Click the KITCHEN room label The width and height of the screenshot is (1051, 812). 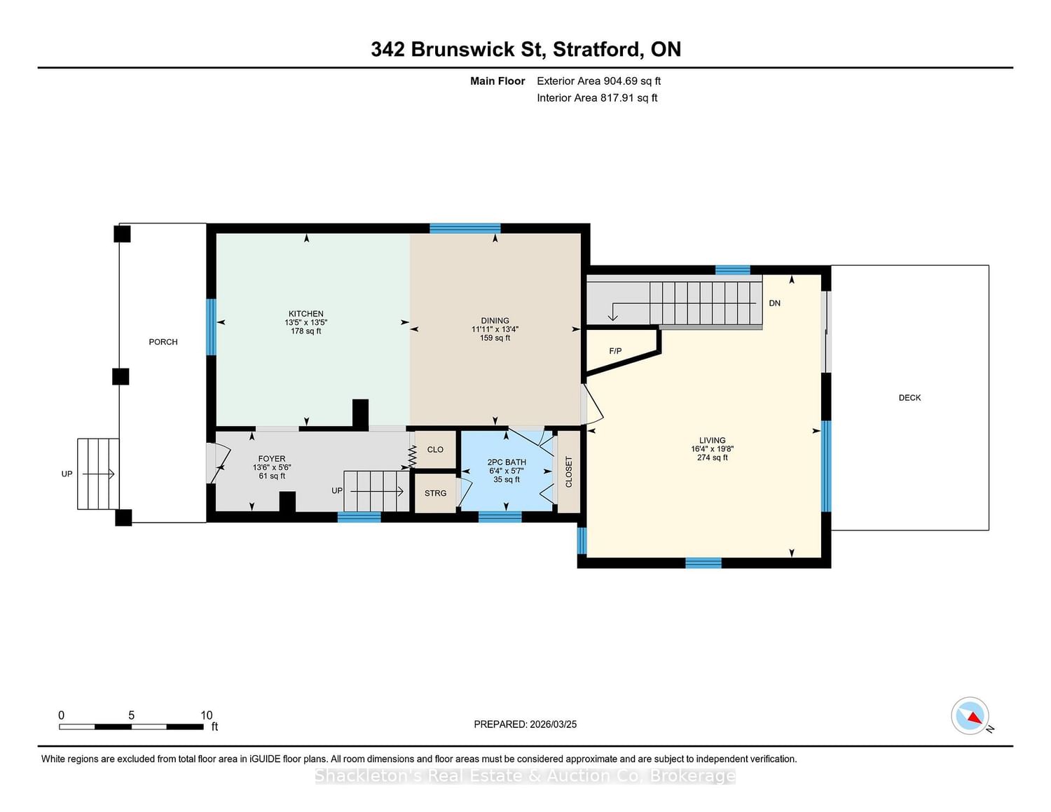tap(305, 313)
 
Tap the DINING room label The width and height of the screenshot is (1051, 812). tap(495, 320)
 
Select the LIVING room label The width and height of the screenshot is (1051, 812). tap(712, 440)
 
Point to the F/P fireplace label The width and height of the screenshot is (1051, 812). tap(615, 350)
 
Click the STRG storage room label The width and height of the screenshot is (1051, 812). tap(435, 493)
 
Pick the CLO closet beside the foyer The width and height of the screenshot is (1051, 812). tap(435, 449)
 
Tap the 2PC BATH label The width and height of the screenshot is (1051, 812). tap(507, 462)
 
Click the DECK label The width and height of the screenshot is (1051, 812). tap(909, 397)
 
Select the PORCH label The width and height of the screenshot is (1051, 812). tap(163, 342)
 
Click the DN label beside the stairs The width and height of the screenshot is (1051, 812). tap(774, 303)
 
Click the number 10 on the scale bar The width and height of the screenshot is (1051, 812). tap(207, 715)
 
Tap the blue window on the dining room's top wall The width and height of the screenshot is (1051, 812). tap(465, 228)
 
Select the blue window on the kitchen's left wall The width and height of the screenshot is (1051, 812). tap(211, 327)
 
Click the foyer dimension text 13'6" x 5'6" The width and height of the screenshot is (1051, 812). tap(272, 467)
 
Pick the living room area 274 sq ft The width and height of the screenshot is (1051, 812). tap(712, 457)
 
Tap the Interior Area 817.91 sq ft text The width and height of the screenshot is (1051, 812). tap(597, 97)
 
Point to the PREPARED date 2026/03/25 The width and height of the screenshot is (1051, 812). tap(553, 724)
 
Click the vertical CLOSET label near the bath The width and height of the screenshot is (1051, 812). tap(569, 472)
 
